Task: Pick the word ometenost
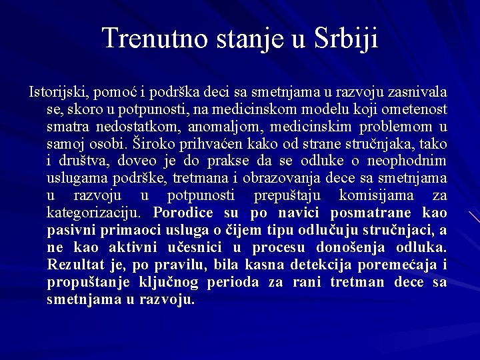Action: pyautogui.click(x=419, y=109)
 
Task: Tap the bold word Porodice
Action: pyautogui.click(x=183, y=213)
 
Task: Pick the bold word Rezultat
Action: pyautogui.click(x=76, y=265)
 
